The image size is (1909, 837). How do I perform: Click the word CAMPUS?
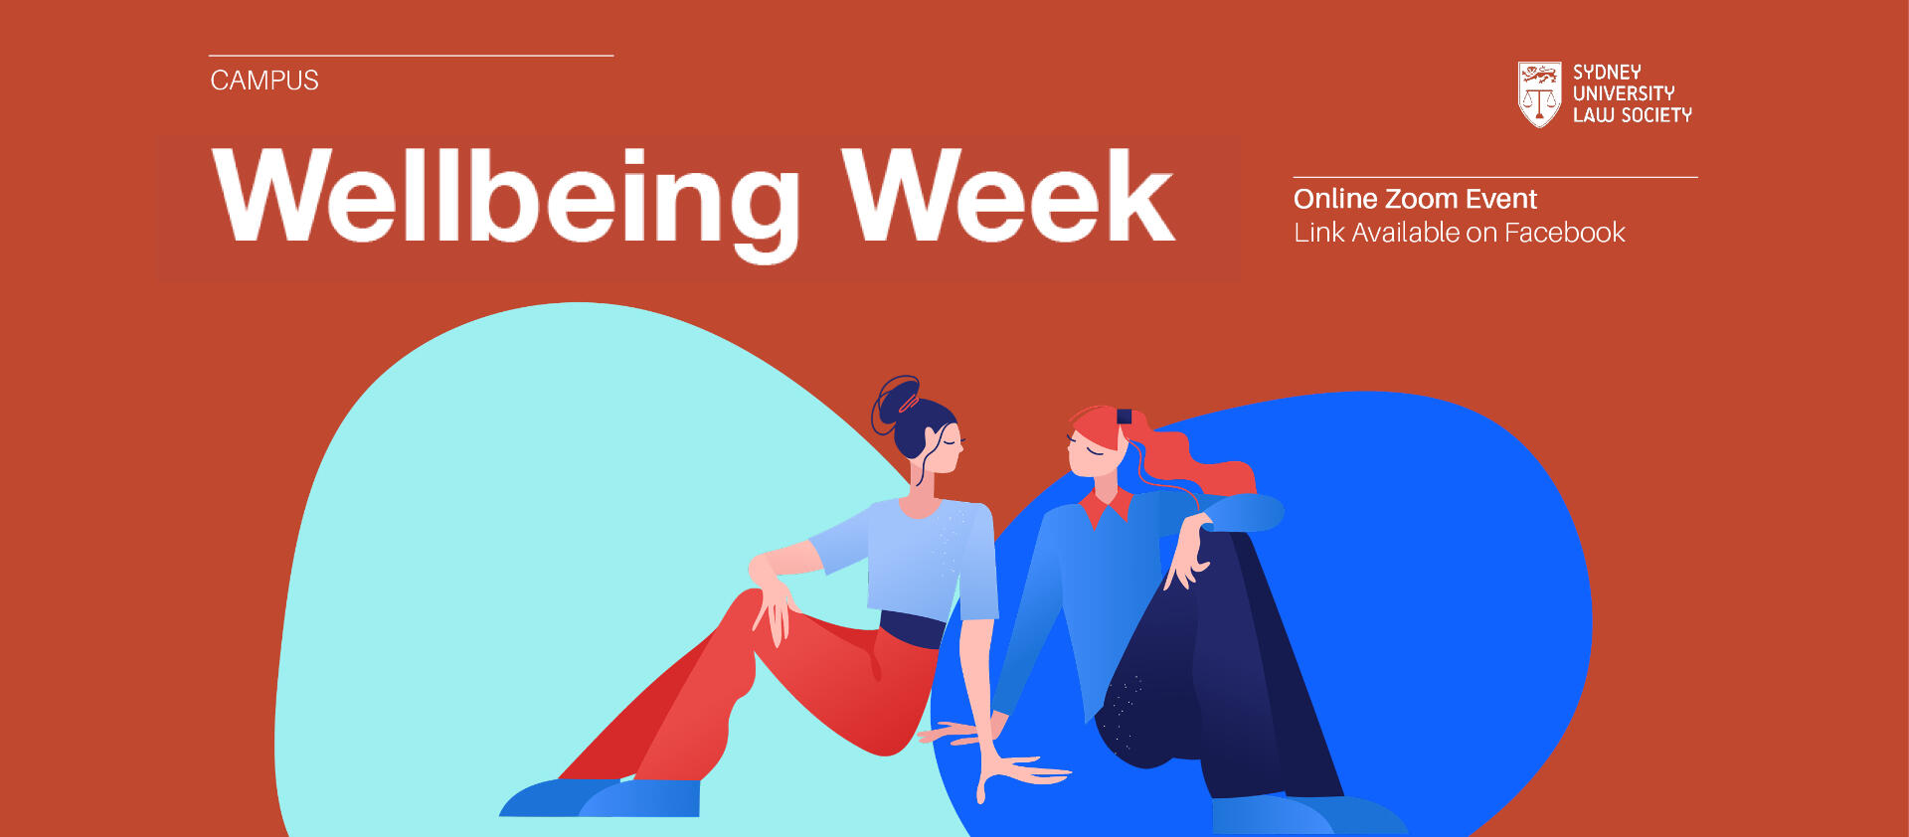(x=264, y=81)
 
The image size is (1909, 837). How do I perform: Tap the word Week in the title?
(x=1009, y=195)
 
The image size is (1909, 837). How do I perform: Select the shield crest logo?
(x=1539, y=94)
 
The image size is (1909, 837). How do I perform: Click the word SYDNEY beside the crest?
(x=1607, y=73)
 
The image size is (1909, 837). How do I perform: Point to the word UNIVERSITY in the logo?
(x=1624, y=93)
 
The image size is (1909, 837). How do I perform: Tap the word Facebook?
(x=1565, y=233)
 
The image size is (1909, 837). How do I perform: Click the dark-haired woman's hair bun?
(x=898, y=403)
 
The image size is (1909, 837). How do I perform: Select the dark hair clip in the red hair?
(x=1125, y=417)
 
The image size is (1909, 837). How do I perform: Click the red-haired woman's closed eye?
(x=1093, y=450)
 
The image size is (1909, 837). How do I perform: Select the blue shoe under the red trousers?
(x=601, y=797)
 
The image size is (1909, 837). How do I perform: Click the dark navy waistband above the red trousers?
(x=913, y=629)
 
